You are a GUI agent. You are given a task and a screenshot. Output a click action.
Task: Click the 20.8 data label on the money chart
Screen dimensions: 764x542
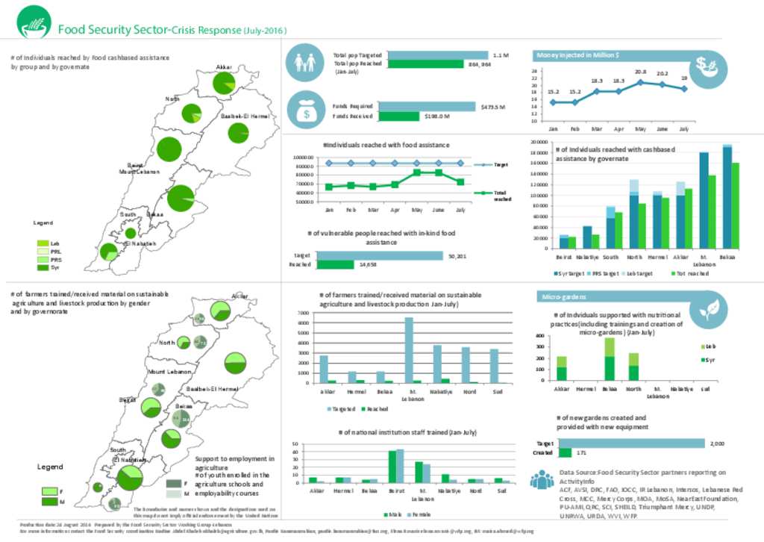coord(640,72)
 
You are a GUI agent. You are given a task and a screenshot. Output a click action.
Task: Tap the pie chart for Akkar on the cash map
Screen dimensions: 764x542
coord(224,83)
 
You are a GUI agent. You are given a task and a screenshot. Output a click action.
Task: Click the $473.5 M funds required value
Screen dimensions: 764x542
coord(493,107)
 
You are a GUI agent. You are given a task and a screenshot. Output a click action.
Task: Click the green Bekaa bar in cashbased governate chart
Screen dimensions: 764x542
coord(735,205)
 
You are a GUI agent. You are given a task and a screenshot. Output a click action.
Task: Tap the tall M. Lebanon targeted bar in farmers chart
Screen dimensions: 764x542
coord(409,349)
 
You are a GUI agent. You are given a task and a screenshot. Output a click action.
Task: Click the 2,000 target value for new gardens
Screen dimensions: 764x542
coord(716,443)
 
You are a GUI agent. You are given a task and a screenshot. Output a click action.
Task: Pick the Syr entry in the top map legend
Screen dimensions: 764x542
coord(55,267)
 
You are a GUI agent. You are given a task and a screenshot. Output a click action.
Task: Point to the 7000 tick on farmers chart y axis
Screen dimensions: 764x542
coord(303,314)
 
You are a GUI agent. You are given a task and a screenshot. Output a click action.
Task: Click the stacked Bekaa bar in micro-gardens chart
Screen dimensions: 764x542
coord(610,358)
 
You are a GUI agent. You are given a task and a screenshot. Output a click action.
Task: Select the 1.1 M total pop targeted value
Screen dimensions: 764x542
coord(500,55)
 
